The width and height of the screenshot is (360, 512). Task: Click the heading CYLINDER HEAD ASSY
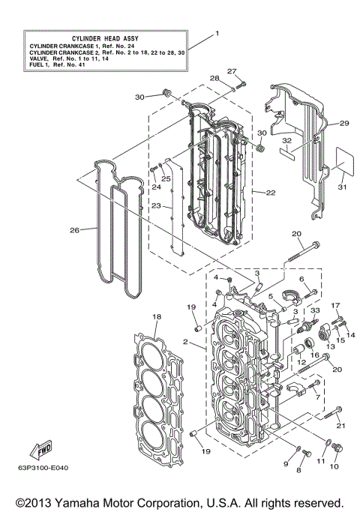(103, 37)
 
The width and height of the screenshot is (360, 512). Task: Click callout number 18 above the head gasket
(156, 317)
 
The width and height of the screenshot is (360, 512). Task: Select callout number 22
(270, 193)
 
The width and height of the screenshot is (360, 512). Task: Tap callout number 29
(344, 123)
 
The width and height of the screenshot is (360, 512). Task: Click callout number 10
(334, 467)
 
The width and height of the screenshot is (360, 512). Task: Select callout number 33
(314, 310)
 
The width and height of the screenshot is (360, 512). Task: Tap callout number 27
(232, 71)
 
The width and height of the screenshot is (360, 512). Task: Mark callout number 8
(298, 470)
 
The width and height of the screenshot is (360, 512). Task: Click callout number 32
(286, 140)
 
